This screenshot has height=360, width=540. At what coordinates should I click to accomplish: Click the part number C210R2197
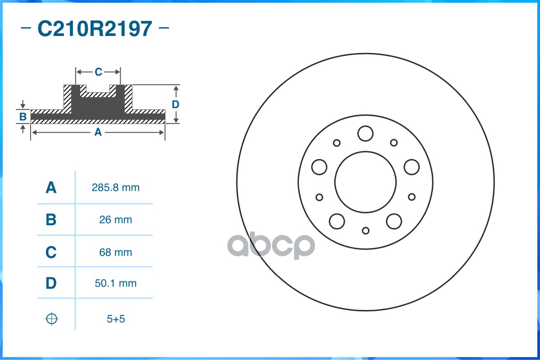(x=95, y=29)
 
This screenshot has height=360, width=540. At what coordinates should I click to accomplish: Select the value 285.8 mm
(x=115, y=188)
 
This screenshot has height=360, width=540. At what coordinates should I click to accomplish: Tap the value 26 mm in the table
(x=115, y=220)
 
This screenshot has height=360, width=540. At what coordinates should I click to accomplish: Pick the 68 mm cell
(x=115, y=252)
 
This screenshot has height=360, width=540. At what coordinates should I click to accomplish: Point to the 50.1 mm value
(x=115, y=283)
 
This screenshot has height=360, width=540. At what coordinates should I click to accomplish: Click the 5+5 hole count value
(x=115, y=319)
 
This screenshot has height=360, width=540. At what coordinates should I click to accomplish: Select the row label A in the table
(x=51, y=188)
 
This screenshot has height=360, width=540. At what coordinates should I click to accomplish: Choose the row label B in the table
(x=51, y=220)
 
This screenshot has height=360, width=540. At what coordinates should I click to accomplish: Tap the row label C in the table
(x=51, y=252)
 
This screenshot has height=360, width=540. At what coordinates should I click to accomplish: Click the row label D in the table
(x=51, y=283)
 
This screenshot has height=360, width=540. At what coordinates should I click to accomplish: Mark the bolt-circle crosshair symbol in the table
(x=52, y=319)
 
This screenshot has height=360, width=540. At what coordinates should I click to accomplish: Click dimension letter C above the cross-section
(x=98, y=72)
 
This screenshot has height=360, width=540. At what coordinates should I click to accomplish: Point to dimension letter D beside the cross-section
(x=176, y=104)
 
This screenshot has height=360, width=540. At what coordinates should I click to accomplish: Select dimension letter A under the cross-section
(x=97, y=132)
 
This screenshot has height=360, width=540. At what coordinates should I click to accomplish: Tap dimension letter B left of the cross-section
(x=23, y=117)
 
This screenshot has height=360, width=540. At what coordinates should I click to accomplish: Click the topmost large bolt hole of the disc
(x=365, y=133)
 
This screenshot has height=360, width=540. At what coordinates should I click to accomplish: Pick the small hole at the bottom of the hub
(x=365, y=230)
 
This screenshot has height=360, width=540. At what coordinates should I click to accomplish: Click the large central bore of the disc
(x=365, y=182)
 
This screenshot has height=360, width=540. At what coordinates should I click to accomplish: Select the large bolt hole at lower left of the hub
(x=337, y=221)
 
